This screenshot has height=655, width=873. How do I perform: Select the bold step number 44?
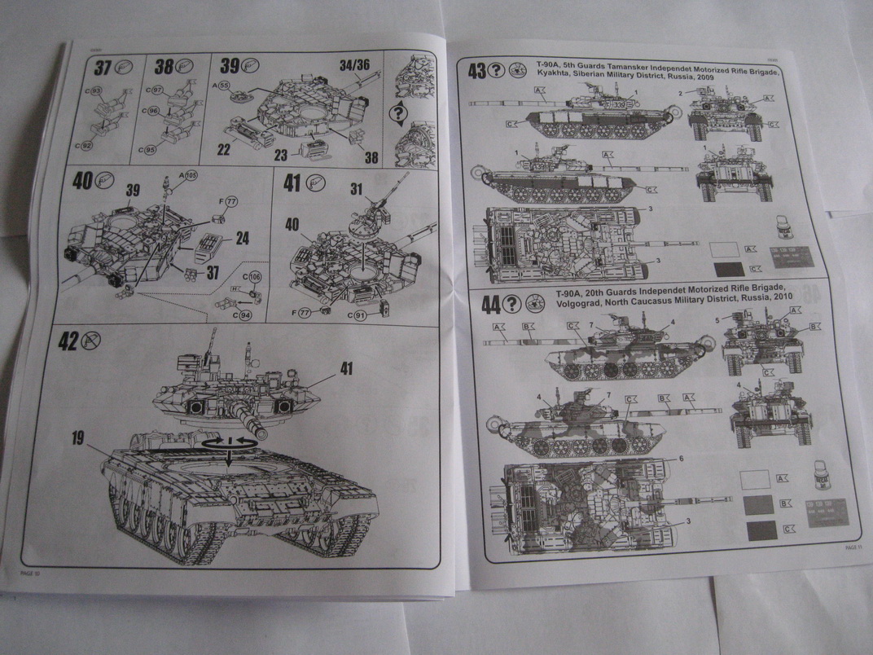click(491, 305)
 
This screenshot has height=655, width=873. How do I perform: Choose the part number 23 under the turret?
click(281, 155)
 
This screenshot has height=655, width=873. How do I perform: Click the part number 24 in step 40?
click(242, 239)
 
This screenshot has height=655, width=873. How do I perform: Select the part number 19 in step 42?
click(78, 439)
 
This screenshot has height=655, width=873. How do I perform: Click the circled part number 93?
click(96, 90)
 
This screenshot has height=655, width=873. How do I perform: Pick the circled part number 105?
click(191, 175)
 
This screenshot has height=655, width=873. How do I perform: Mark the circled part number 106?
click(255, 278)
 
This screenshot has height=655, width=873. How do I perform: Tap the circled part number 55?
click(224, 85)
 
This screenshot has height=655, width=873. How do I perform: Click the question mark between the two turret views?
click(398, 113)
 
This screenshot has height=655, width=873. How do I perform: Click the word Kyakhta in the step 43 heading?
click(558, 82)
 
